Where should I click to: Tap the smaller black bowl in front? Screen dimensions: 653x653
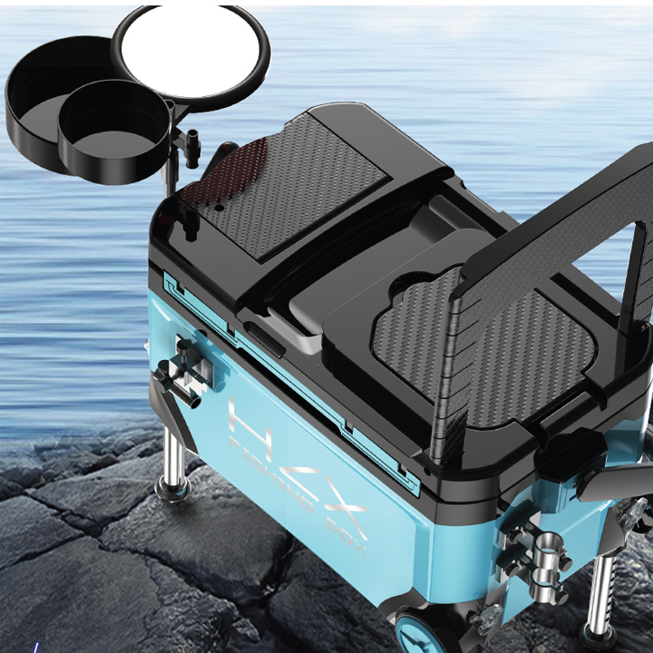[x=114, y=129]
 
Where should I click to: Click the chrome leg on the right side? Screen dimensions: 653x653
[x=599, y=594]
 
